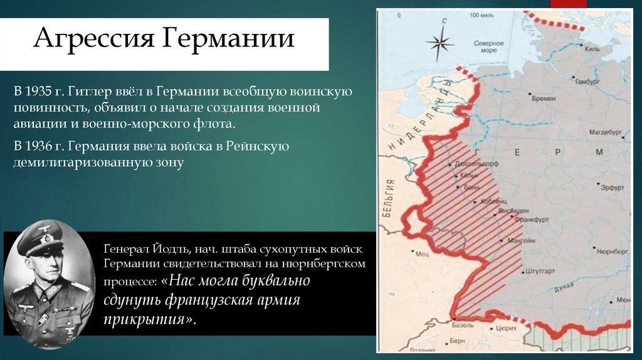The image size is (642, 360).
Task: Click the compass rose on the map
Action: (440, 43)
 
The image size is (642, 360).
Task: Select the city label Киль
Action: (592, 49)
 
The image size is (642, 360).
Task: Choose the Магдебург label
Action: (604, 133)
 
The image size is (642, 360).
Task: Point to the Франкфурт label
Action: (528, 220)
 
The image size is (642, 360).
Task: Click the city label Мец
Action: (423, 254)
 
